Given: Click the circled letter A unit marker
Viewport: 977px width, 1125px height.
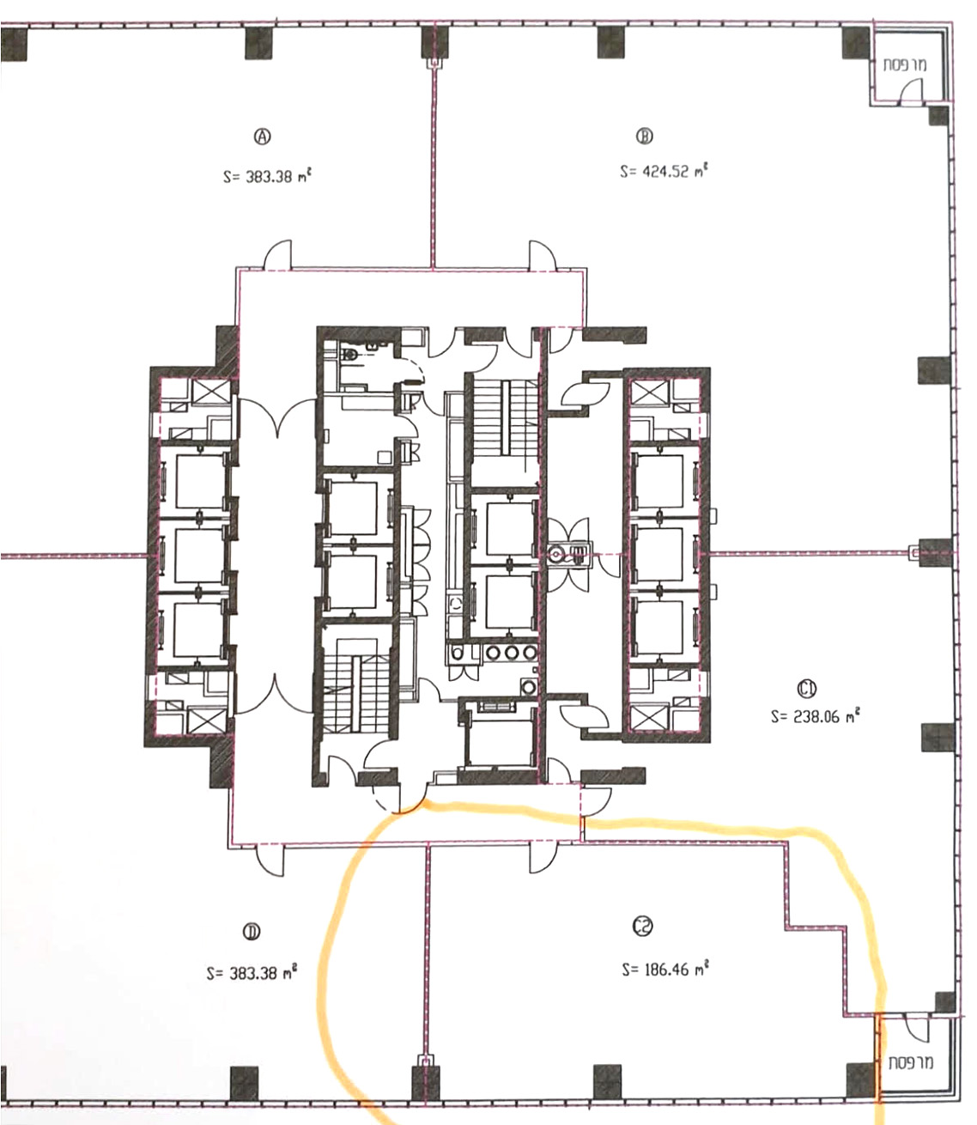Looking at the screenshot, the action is [x=263, y=136].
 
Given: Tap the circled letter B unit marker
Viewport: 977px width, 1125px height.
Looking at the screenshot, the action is [x=644, y=136].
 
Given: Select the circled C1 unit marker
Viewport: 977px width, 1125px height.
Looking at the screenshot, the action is [x=806, y=689].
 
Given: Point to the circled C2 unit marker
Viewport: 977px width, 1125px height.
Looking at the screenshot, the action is [x=642, y=926].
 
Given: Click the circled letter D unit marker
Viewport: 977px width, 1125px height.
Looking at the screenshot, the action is [x=252, y=931].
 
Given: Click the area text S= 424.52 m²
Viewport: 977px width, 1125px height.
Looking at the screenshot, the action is [x=664, y=171].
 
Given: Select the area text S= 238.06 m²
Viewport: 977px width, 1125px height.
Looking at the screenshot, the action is [x=816, y=716].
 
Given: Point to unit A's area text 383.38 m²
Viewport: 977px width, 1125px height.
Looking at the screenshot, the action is [x=268, y=177].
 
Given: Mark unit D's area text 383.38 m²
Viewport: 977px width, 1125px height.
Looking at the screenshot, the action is [x=252, y=973].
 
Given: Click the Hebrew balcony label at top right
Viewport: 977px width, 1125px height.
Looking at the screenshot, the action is [x=905, y=65].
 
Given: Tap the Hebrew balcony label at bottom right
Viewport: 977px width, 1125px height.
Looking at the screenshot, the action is [x=911, y=1061].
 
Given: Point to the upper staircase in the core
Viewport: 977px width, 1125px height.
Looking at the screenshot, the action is [x=505, y=418].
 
